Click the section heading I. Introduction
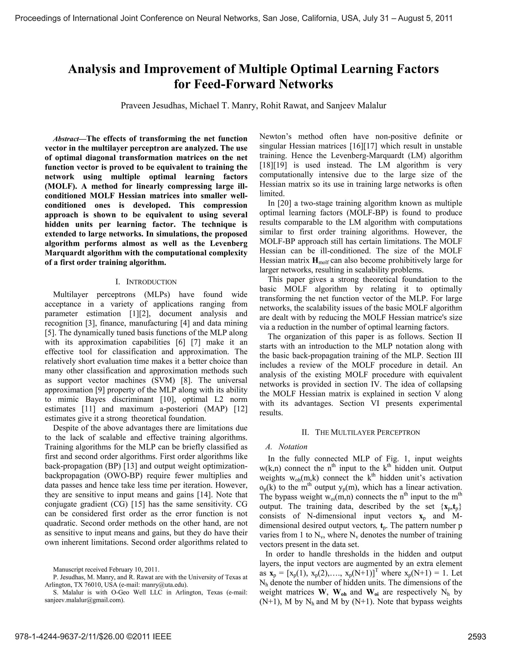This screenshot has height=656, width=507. coord(146,282)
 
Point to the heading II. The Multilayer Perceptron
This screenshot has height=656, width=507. coord(361,432)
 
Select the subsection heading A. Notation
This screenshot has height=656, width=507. coord(286,447)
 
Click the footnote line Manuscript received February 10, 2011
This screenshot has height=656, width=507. coord(106,570)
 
